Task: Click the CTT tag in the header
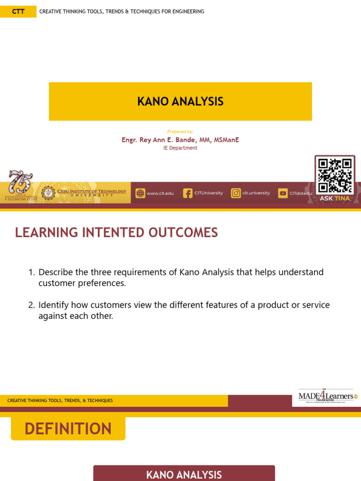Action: (x=18, y=11)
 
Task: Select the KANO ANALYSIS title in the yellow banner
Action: (x=180, y=101)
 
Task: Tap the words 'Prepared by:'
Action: (x=180, y=132)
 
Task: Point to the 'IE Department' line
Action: (x=180, y=148)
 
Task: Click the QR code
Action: (x=335, y=175)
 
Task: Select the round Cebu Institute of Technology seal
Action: (x=48, y=193)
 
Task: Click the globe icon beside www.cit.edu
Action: (x=140, y=193)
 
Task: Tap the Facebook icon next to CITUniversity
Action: (x=188, y=193)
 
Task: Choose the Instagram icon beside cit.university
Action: (x=236, y=193)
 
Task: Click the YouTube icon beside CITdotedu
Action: (x=283, y=193)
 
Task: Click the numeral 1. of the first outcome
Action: (x=31, y=272)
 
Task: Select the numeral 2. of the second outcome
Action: (x=31, y=305)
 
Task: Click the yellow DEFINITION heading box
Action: (x=68, y=428)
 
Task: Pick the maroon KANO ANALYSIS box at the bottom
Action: (x=184, y=474)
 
